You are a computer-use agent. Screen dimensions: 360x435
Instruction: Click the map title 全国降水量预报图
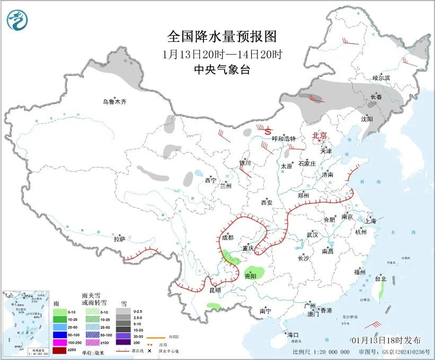click(222, 37)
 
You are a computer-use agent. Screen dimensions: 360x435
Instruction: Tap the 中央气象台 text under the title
click(222, 70)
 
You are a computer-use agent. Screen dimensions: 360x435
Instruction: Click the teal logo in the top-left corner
click(17, 20)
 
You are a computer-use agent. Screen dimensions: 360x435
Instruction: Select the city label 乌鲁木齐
click(115, 101)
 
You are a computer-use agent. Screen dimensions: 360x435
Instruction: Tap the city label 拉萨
click(119, 239)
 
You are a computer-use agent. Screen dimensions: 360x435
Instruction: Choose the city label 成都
click(228, 238)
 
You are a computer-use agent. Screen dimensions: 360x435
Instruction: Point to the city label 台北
click(380, 279)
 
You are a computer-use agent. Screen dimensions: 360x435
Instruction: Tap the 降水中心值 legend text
click(168, 350)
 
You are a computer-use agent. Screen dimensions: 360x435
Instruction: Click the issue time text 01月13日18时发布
click(386, 340)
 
